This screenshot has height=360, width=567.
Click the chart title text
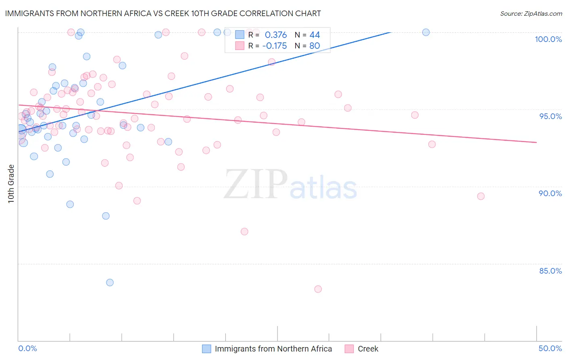click(x=163, y=13)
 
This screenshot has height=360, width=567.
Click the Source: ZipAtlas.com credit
click(x=531, y=13)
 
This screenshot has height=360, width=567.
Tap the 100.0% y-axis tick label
click(x=548, y=39)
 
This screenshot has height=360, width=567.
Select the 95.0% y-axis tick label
click(x=550, y=116)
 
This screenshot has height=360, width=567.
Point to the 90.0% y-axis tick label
click(x=550, y=193)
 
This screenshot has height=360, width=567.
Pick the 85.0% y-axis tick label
click(x=550, y=271)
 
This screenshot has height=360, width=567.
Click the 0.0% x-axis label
click(x=27, y=348)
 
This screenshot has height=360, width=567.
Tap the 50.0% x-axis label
click(x=550, y=348)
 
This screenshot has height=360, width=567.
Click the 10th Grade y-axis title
click(x=11, y=184)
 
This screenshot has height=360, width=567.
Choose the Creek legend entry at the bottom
click(x=368, y=349)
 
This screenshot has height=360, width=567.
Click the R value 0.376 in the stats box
click(x=276, y=35)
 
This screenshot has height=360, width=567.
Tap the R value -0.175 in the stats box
click(x=274, y=46)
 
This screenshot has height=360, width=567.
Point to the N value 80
click(x=315, y=46)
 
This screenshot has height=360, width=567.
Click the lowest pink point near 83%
click(x=318, y=289)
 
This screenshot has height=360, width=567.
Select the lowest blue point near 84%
click(x=110, y=283)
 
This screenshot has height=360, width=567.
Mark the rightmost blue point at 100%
click(x=426, y=32)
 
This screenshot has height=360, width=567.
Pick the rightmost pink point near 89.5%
click(x=481, y=196)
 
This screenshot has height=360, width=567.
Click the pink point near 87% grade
click(x=244, y=232)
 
